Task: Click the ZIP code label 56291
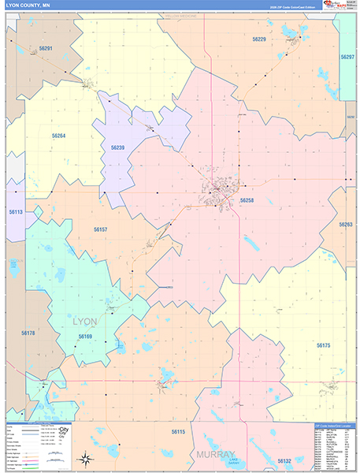(x=46, y=49)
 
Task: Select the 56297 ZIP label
(x=347, y=58)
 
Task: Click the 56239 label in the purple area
(x=117, y=147)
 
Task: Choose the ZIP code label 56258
(x=247, y=201)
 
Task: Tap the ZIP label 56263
(x=346, y=225)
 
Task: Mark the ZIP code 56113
(x=16, y=212)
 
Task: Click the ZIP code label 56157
(x=100, y=229)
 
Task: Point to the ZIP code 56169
(x=85, y=337)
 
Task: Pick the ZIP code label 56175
(x=323, y=345)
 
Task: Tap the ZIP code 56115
(x=178, y=431)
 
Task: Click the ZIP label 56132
(x=284, y=460)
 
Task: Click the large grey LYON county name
(x=85, y=322)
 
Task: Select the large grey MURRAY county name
(x=216, y=455)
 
